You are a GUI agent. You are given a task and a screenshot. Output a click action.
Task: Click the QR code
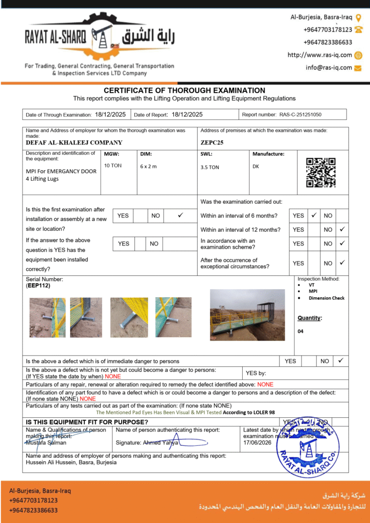click(x=321, y=172)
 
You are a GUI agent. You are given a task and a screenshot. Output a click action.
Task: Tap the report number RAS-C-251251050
click(x=300, y=115)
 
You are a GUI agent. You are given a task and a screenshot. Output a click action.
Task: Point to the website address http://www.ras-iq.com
click(x=320, y=55)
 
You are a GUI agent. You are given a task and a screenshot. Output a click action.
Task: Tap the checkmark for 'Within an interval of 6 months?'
click(x=314, y=216)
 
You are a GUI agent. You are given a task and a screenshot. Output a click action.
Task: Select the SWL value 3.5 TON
click(x=210, y=167)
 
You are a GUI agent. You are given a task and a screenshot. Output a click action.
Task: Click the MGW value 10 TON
click(x=113, y=165)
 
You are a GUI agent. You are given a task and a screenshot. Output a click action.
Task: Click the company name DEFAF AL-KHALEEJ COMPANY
click(x=74, y=142)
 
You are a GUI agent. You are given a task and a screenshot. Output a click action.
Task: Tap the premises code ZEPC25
click(x=212, y=142)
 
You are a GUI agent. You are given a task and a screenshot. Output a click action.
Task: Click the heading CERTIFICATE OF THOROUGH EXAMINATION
click(x=184, y=90)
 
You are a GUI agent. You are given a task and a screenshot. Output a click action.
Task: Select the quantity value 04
click(x=300, y=331)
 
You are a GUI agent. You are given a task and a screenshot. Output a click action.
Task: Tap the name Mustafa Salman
click(x=46, y=442)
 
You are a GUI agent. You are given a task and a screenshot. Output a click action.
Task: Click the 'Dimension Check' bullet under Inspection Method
click(x=327, y=298)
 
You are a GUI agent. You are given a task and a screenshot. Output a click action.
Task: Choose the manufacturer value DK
click(x=256, y=166)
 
